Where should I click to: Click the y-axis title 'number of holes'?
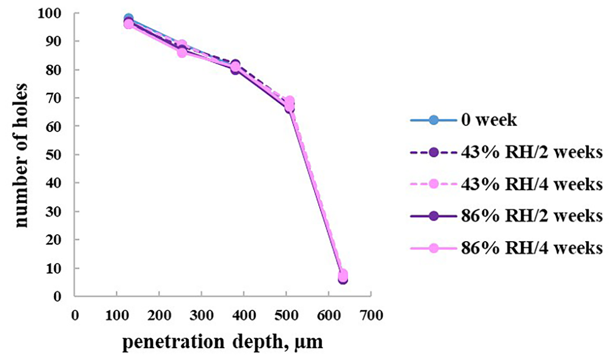23,154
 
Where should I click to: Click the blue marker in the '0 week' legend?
433,121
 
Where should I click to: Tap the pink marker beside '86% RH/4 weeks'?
433,248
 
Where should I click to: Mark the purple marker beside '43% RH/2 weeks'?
433,152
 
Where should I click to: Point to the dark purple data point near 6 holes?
342,279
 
